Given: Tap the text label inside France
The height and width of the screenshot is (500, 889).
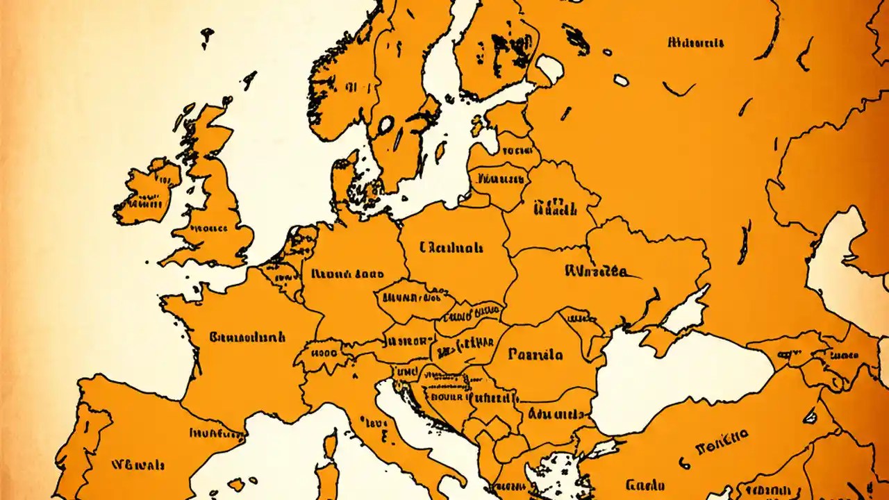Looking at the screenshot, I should [247, 338].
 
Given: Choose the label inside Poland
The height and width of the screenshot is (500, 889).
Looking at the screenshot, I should [451, 247].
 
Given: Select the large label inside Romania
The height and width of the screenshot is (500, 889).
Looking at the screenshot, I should [535, 355].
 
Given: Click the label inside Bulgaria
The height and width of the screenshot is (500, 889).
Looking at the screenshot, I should [556, 415].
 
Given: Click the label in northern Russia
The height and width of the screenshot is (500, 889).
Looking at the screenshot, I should [695, 43].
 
